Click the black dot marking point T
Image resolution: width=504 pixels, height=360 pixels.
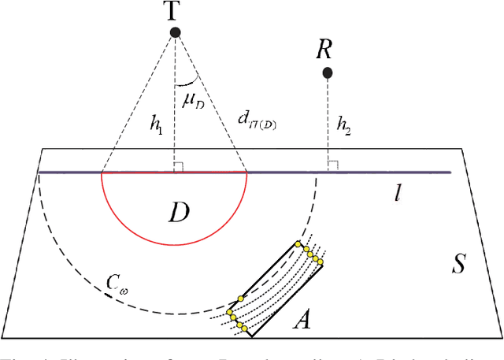pos(175,32)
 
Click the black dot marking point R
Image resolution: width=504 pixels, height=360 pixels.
pos(328,73)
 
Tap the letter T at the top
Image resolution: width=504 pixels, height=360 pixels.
pos(175,10)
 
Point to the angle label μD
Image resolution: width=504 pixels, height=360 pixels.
pos(191,101)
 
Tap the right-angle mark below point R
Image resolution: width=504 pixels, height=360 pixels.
pos(332,166)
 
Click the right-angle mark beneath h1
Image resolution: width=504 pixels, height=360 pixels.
pos(180,166)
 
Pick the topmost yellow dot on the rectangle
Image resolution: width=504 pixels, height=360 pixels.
pos(298,245)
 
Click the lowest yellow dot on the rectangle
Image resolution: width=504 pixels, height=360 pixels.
pos(245,328)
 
